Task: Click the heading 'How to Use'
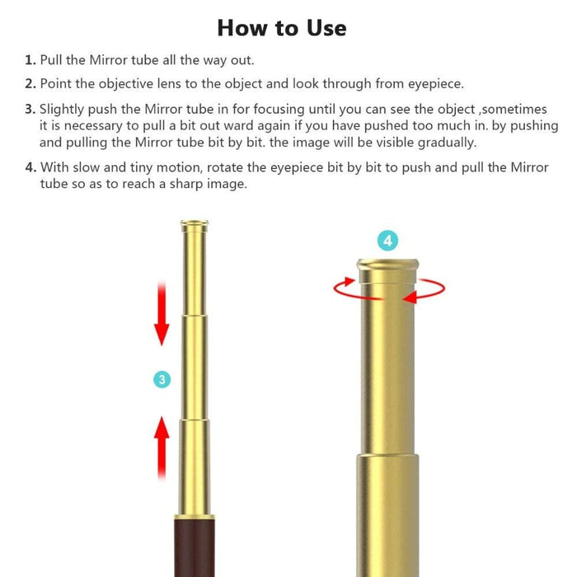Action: click(x=282, y=28)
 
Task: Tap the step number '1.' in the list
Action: click(x=30, y=60)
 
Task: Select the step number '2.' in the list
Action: click(x=30, y=83)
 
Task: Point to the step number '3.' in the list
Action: click(x=30, y=109)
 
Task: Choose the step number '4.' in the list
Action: click(x=31, y=167)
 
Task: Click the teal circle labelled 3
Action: click(x=162, y=379)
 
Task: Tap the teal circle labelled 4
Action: click(x=388, y=241)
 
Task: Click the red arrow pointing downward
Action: click(x=162, y=314)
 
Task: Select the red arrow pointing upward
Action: click(x=162, y=448)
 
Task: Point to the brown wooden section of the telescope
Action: click(x=195, y=547)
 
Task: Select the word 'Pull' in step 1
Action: click(x=50, y=60)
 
